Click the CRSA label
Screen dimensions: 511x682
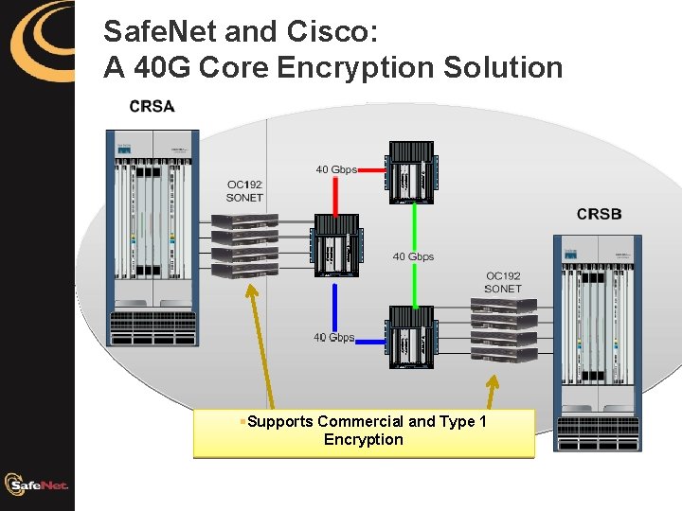(x=153, y=106)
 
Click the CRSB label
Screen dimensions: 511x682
(x=599, y=214)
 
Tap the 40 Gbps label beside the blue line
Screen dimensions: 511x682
(x=333, y=337)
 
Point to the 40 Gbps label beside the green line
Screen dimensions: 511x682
(x=413, y=256)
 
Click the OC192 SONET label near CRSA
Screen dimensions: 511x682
(x=244, y=191)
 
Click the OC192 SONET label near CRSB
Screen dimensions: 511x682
(x=503, y=282)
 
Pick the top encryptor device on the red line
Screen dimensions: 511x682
(x=410, y=172)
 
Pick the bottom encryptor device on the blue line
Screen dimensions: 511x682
(x=410, y=337)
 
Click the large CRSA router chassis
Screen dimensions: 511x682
(x=153, y=237)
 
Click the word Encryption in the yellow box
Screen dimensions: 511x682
(x=363, y=440)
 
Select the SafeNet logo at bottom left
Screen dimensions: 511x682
(x=36, y=485)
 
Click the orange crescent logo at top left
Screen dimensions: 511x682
(x=38, y=40)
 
